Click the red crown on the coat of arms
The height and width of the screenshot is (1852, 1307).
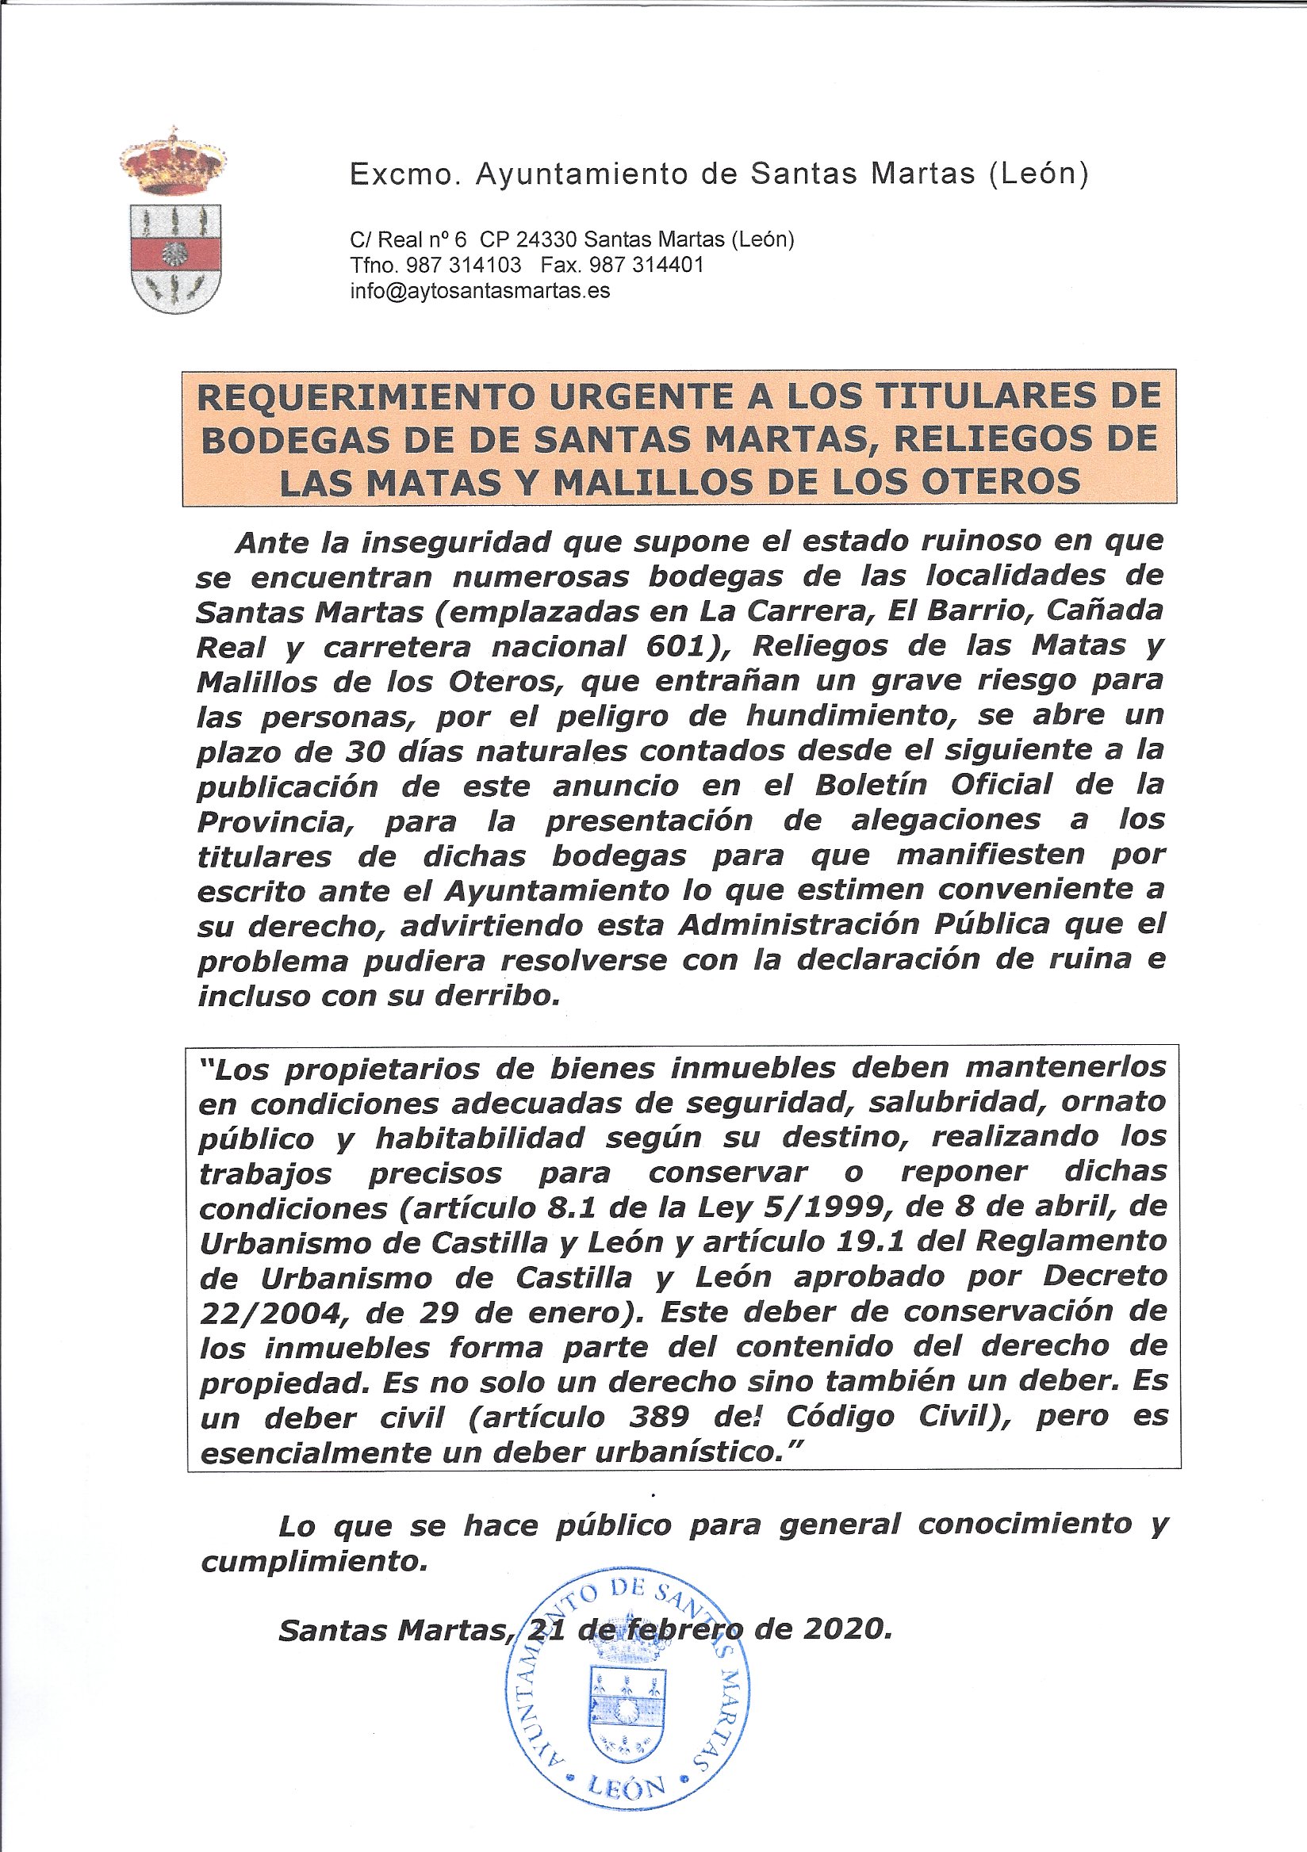[172, 163]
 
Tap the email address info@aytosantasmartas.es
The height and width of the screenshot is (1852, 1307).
[480, 291]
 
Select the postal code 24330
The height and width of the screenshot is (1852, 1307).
[547, 239]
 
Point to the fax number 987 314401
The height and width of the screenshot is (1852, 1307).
[646, 266]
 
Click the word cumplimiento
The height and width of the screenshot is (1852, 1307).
[313, 1562]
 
